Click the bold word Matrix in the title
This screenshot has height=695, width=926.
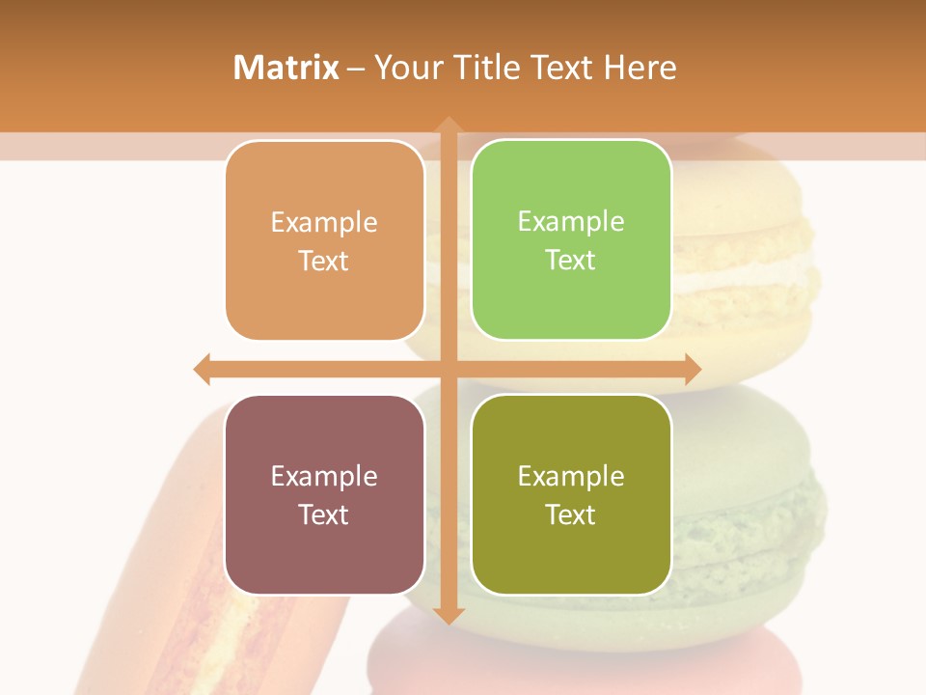(286, 68)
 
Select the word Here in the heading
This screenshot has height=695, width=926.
(640, 68)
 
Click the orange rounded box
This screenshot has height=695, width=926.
(324, 240)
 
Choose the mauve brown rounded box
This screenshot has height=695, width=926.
(324, 494)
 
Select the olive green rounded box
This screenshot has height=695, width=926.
(571, 494)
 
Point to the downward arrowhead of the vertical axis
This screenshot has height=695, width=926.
(448, 615)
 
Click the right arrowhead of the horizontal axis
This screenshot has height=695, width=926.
(692, 369)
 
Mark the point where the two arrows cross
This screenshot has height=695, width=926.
(448, 369)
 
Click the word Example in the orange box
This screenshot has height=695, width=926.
(324, 222)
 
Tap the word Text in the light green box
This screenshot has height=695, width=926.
(571, 260)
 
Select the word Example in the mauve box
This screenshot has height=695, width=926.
(324, 476)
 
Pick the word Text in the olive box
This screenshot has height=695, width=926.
(571, 514)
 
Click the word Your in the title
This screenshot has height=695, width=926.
(403, 68)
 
